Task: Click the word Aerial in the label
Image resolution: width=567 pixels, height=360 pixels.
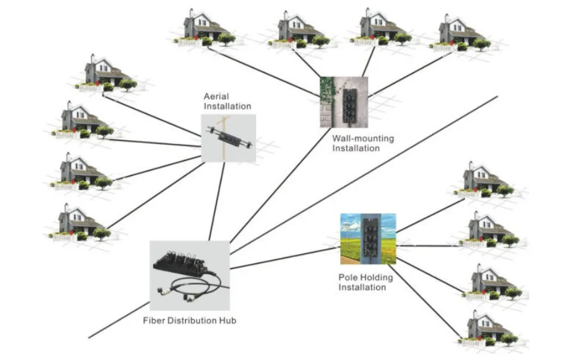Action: pos(217,97)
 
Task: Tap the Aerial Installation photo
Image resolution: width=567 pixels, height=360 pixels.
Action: pos(229,138)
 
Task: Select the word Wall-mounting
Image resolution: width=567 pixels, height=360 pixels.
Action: pos(363,138)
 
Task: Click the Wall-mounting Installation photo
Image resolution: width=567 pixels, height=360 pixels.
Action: pos(344,102)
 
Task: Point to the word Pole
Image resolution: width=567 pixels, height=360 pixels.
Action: pos(347,277)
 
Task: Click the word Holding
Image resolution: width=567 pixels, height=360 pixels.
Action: pos(375,278)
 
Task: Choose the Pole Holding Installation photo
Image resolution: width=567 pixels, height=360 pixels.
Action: pos(368,238)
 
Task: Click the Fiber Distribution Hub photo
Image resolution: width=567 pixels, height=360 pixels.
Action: pos(190,276)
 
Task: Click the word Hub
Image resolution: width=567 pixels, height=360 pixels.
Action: pos(228,320)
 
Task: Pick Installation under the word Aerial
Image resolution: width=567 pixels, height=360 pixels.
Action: pos(227,106)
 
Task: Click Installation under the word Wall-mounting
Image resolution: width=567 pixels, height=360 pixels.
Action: pos(356,148)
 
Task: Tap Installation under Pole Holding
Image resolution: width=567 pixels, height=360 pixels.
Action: pos(363,288)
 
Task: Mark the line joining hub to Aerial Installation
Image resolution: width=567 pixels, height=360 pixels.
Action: pos(217,201)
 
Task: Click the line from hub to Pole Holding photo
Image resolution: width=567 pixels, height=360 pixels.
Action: pos(285,258)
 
